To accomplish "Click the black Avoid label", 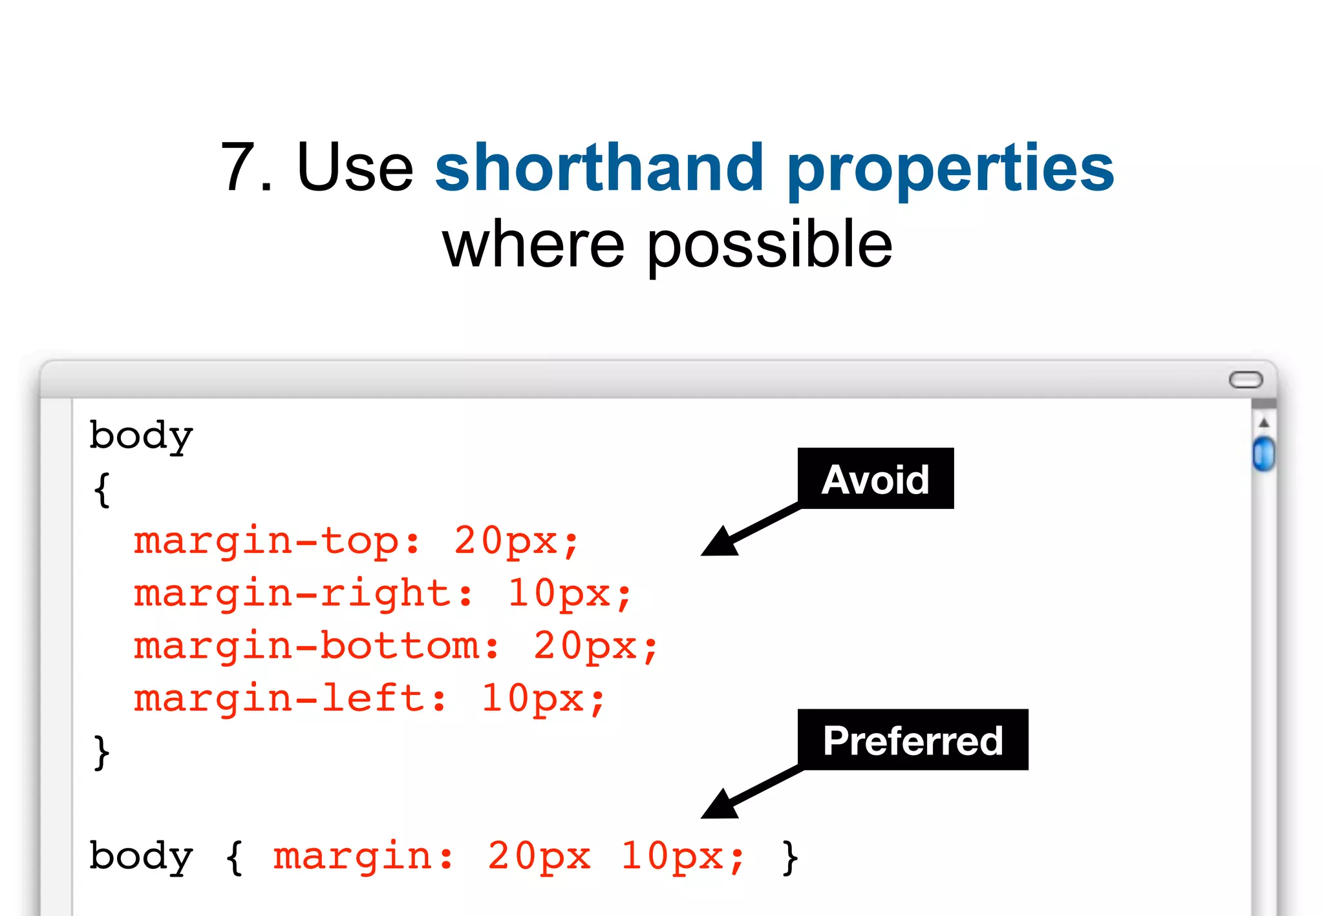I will pyautogui.click(x=875, y=479).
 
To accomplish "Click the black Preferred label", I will pyautogui.click(x=912, y=740).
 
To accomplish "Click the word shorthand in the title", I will pyautogui.click(x=599, y=167).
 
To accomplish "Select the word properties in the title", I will pyautogui.click(x=950, y=169).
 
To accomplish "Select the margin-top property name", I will pyautogui.click(x=266, y=541).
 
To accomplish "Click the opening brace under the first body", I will pyautogui.click(x=102, y=490).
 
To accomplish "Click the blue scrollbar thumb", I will pyautogui.click(x=1263, y=454).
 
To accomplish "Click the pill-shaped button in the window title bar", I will pyautogui.click(x=1245, y=380).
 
